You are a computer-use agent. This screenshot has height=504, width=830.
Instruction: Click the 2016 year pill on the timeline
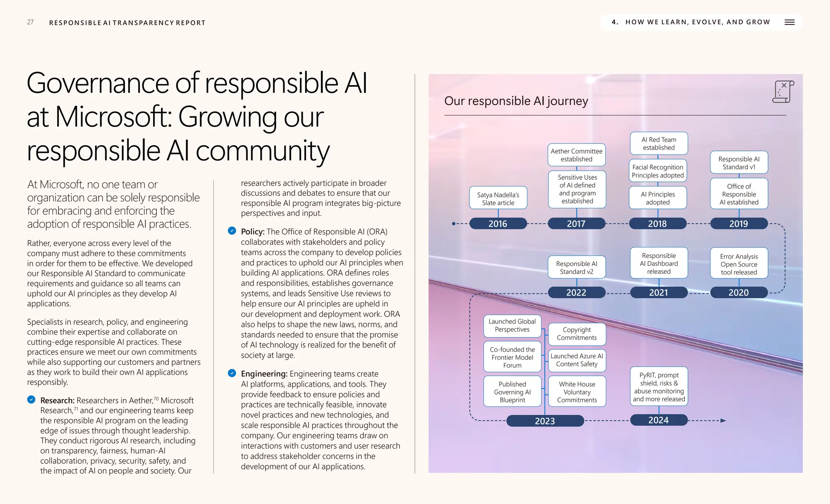click(x=498, y=223)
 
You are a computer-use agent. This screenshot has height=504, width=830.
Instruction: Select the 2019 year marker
click(x=738, y=223)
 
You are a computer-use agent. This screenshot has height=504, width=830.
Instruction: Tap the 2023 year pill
click(x=545, y=421)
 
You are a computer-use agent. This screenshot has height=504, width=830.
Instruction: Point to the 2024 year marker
click(x=658, y=420)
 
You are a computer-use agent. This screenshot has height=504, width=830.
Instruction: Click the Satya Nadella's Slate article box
click(x=498, y=198)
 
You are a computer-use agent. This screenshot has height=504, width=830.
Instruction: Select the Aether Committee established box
click(x=576, y=155)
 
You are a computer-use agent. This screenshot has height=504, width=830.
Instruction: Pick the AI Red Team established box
click(x=659, y=144)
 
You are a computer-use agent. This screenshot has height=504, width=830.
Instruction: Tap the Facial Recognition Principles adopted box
click(x=657, y=171)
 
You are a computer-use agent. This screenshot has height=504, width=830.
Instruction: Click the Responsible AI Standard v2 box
click(x=576, y=267)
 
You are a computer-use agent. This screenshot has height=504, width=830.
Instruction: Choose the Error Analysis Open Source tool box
click(x=738, y=264)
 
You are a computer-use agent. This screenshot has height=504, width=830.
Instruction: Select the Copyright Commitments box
click(x=577, y=334)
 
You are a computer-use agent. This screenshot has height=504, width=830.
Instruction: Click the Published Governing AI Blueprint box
click(x=512, y=392)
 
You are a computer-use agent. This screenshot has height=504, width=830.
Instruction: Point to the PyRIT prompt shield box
click(x=659, y=386)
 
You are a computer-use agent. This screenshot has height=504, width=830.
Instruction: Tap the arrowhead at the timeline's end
click(x=723, y=420)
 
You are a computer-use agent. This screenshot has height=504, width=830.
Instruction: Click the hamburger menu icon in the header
click(x=789, y=22)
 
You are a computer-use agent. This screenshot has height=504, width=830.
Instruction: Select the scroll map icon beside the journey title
click(x=783, y=92)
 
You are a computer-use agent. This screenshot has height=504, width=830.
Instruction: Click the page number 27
click(x=30, y=22)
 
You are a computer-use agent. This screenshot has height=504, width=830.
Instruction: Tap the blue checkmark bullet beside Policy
click(x=232, y=231)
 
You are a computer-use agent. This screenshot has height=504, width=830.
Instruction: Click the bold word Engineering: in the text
click(x=264, y=373)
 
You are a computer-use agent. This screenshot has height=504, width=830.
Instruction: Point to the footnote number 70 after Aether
click(x=156, y=399)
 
